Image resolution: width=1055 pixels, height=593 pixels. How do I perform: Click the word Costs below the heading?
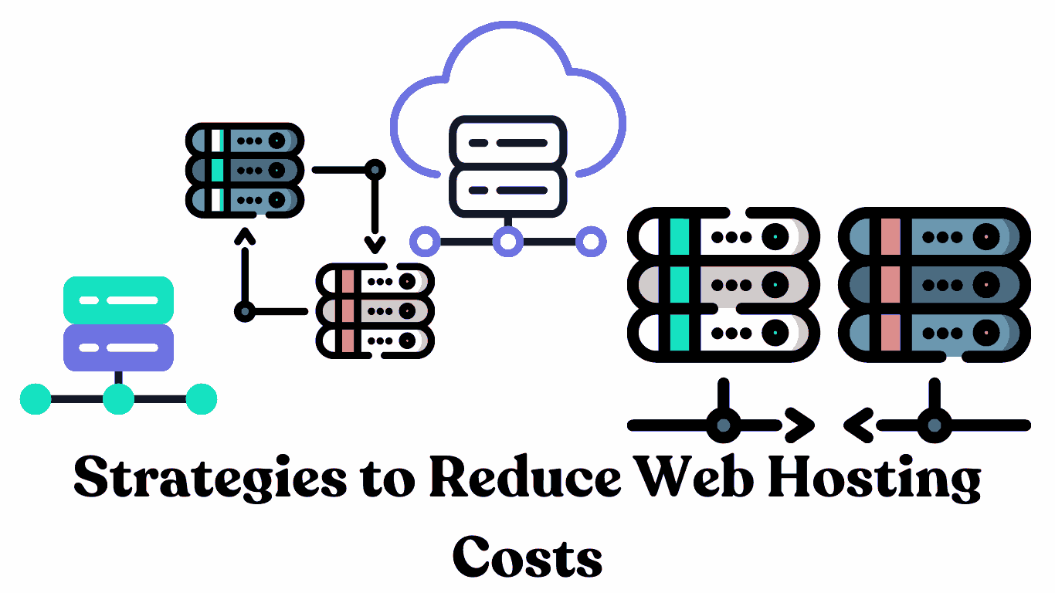[527, 554]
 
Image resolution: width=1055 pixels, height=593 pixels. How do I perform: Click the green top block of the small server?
[118, 300]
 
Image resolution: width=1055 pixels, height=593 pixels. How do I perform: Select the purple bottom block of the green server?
[118, 347]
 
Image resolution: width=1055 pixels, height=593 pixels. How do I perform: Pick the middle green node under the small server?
[118, 399]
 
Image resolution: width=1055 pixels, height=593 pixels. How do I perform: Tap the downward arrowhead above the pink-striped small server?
[375, 246]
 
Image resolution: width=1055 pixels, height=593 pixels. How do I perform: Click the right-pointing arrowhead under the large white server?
[800, 425]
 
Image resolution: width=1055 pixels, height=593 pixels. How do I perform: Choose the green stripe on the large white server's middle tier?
[680, 285]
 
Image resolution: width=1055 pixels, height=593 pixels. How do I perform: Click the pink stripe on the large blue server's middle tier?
[890, 285]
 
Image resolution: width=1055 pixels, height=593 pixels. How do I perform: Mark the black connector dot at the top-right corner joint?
[375, 168]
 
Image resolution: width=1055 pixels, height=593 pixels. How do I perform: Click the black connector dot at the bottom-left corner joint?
[245, 312]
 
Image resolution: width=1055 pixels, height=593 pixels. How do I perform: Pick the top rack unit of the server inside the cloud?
[507, 143]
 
